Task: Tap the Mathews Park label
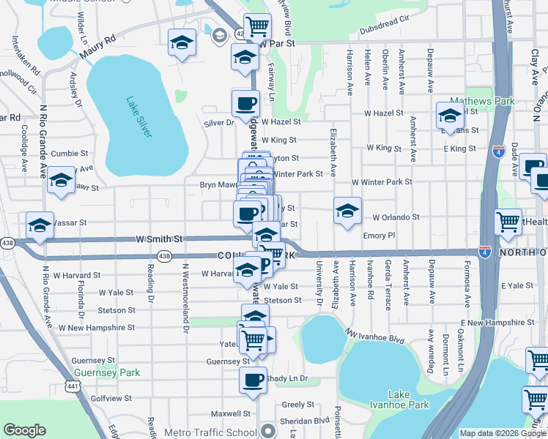482,101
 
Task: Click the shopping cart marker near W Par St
257,28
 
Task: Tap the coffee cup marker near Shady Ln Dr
253,380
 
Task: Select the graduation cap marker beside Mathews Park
450,115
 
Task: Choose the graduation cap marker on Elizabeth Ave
347,211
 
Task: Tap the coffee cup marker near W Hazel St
245,103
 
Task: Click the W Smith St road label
159,239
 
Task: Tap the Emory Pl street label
379,236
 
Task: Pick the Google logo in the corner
24,431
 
